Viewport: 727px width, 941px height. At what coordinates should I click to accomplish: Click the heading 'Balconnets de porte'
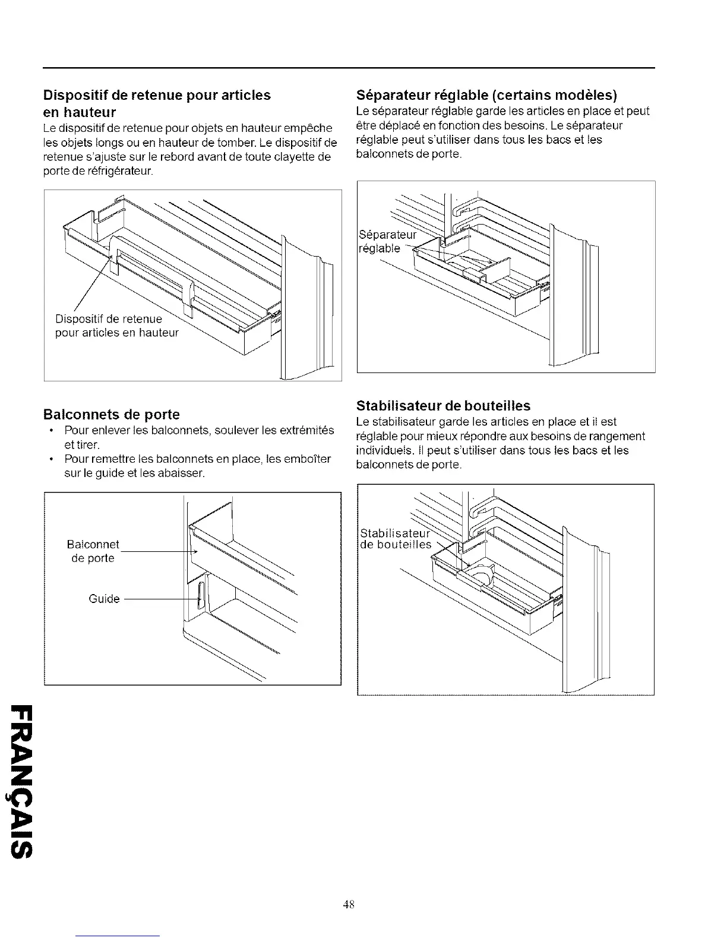click(x=111, y=414)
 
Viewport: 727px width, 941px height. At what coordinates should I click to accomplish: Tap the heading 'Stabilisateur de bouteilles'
click(x=443, y=406)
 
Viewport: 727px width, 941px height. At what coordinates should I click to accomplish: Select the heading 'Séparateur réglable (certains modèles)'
click(x=486, y=95)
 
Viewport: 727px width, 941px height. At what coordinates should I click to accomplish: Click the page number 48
click(x=349, y=905)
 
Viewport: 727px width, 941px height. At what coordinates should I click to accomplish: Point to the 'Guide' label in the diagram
click(x=104, y=599)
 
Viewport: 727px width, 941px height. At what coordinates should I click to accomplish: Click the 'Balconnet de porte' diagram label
click(x=93, y=551)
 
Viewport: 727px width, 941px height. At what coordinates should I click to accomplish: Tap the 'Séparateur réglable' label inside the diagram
click(x=388, y=241)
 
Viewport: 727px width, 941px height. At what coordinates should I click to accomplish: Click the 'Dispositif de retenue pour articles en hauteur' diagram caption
click(x=116, y=326)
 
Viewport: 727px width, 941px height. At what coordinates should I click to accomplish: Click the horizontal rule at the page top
click(x=349, y=68)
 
